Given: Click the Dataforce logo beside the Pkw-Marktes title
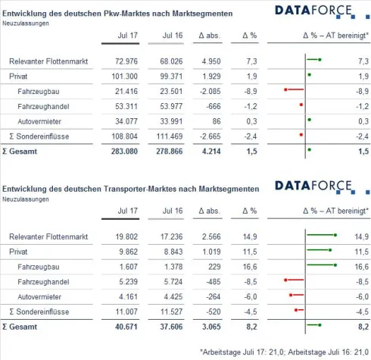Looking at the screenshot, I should click(313, 11).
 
